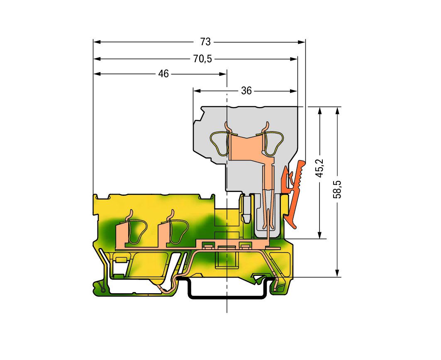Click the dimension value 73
coord(205,42)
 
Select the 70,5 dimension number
coord(203,59)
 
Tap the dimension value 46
coord(163,74)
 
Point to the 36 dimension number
coord(246,91)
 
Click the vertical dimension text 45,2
coord(320,168)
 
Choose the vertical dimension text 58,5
coord(337,189)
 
